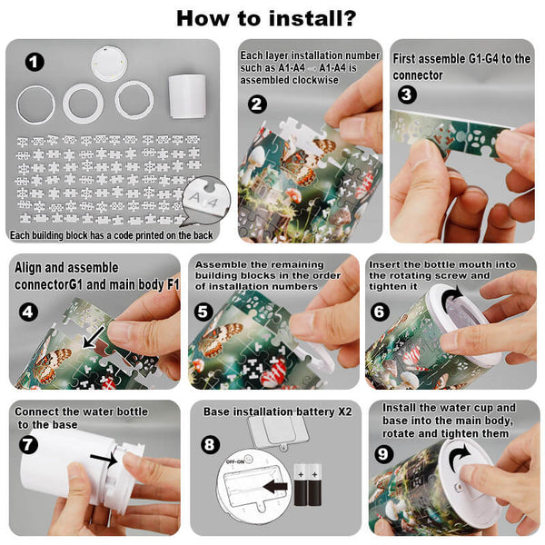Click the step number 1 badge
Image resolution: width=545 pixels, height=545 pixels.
tap(35, 62)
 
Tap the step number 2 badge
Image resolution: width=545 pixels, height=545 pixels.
tap(258, 104)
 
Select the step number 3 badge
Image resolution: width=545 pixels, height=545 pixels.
tap(407, 94)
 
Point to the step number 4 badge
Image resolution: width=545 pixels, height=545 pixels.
tap(28, 312)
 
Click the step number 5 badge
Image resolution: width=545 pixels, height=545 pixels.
tap(203, 312)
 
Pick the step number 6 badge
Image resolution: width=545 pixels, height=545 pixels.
tap(380, 312)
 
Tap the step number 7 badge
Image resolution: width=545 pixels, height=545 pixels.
tap(28, 444)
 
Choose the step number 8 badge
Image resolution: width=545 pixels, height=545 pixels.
tap(210, 444)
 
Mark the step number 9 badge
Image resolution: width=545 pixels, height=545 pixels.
tap(383, 454)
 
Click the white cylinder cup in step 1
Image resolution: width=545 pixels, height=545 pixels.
tap(187, 96)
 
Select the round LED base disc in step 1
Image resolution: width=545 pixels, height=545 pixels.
tap(109, 64)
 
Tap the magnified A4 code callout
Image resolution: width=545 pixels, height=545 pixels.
tap(206, 201)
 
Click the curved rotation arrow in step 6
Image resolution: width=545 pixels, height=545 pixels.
tap(452, 297)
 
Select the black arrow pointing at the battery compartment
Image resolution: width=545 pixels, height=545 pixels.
tap(275, 486)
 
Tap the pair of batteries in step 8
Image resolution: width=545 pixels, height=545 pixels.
tap(308, 485)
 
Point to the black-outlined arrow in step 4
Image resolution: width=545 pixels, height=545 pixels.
tap(94, 337)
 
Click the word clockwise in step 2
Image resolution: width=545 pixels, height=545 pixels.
tap(315, 80)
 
